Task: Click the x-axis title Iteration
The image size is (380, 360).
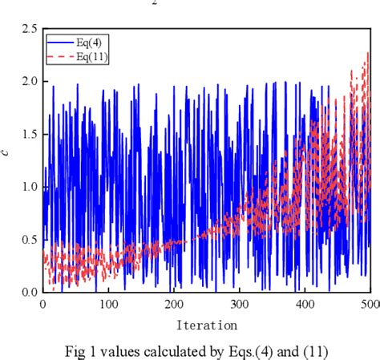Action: click(207, 326)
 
